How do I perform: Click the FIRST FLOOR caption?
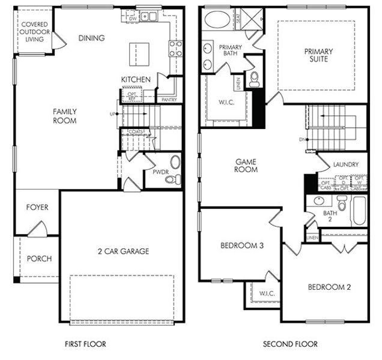[x=85, y=344]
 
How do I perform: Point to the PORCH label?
[x=39, y=259]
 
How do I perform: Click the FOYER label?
[x=37, y=208]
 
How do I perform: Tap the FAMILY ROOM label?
[x=64, y=116]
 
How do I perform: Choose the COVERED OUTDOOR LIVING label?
[x=35, y=32]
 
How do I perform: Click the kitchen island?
[x=139, y=54]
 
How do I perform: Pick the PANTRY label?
[x=169, y=100]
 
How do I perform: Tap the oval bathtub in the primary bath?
[x=216, y=20]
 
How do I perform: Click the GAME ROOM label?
[x=246, y=165]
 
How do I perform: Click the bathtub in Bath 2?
[x=359, y=211]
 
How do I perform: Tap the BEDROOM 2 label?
[x=329, y=287]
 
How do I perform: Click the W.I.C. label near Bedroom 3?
[x=267, y=293]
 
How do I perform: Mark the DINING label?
[x=92, y=38]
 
